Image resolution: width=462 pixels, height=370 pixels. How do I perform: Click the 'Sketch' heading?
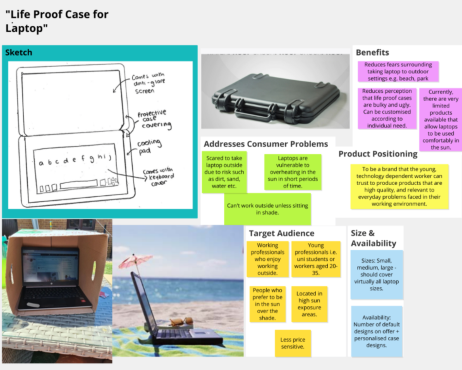coord(19,52)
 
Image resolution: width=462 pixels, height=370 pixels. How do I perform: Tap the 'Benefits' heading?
coord(372,52)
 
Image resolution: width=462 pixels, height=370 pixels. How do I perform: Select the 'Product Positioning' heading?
coord(378,154)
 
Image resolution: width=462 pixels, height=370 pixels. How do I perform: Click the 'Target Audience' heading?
coord(282,233)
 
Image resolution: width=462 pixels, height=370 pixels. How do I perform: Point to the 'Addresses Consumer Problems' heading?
coord(266,144)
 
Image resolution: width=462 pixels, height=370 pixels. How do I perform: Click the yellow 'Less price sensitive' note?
coord(293,343)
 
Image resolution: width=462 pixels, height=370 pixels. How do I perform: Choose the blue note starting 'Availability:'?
coord(376,331)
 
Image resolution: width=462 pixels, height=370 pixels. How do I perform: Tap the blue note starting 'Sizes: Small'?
coord(376,274)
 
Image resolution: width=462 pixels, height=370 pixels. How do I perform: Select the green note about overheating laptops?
coord(293,172)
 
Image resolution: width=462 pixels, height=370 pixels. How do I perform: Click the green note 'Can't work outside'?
coord(267,209)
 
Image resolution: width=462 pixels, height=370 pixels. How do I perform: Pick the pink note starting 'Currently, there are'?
coord(441,119)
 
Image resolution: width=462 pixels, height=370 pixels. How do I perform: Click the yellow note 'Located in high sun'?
coord(309,304)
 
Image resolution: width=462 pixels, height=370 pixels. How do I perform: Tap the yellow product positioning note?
coord(399,186)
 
